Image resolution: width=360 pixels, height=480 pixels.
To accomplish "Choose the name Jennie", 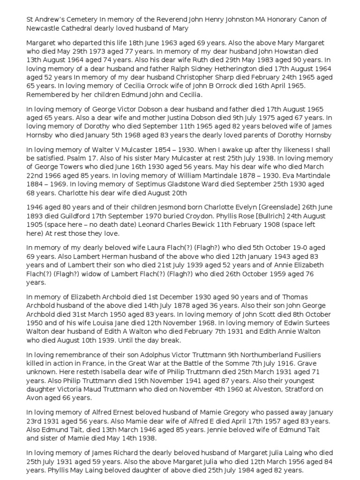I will [229, 429].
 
